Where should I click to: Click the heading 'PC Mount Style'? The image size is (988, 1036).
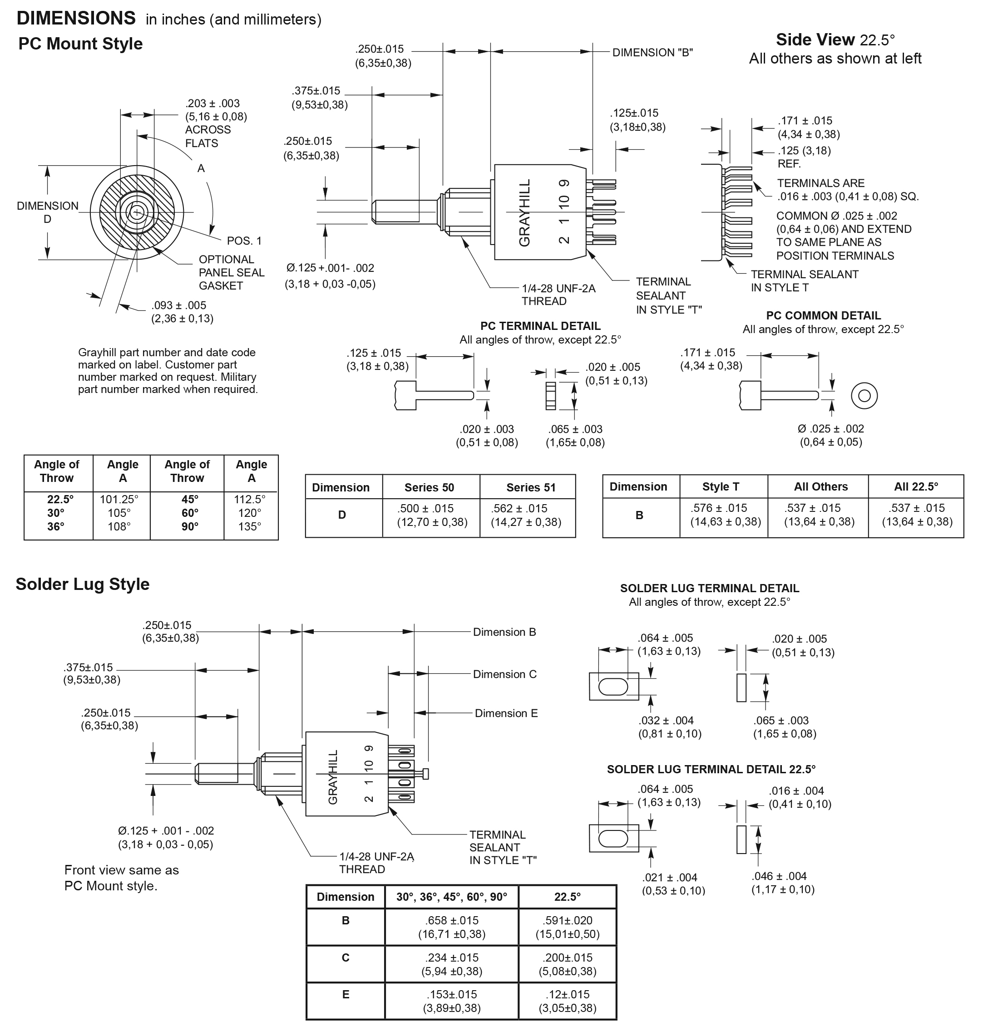[x=80, y=44]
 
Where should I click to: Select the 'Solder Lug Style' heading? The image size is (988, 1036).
[x=82, y=584]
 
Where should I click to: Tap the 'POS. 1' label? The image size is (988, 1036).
[x=244, y=241]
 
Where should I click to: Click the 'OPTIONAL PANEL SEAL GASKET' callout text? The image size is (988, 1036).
[x=231, y=273]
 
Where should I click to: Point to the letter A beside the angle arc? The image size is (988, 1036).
[x=201, y=168]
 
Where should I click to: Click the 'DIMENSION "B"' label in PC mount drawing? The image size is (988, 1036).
[x=652, y=53]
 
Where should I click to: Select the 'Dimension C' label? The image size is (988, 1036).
[x=504, y=674]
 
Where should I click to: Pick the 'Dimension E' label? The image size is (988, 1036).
[x=506, y=713]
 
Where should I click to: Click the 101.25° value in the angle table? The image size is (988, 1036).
[x=119, y=499]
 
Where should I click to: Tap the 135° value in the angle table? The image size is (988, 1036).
[x=250, y=527]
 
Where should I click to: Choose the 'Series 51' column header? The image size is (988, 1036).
[x=531, y=487]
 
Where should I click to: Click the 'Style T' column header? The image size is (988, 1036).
[x=721, y=487]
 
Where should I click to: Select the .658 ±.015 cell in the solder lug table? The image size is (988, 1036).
[x=452, y=921]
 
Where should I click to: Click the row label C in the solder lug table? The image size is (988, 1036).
[x=346, y=957]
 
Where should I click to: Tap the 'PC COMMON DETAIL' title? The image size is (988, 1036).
[x=823, y=316]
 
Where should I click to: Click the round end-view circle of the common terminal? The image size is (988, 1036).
[x=864, y=396]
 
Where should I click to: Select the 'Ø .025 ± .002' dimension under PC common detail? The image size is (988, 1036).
[x=830, y=429]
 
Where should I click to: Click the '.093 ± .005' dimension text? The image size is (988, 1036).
[x=178, y=306]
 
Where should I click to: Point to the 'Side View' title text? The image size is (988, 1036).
[x=815, y=40]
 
